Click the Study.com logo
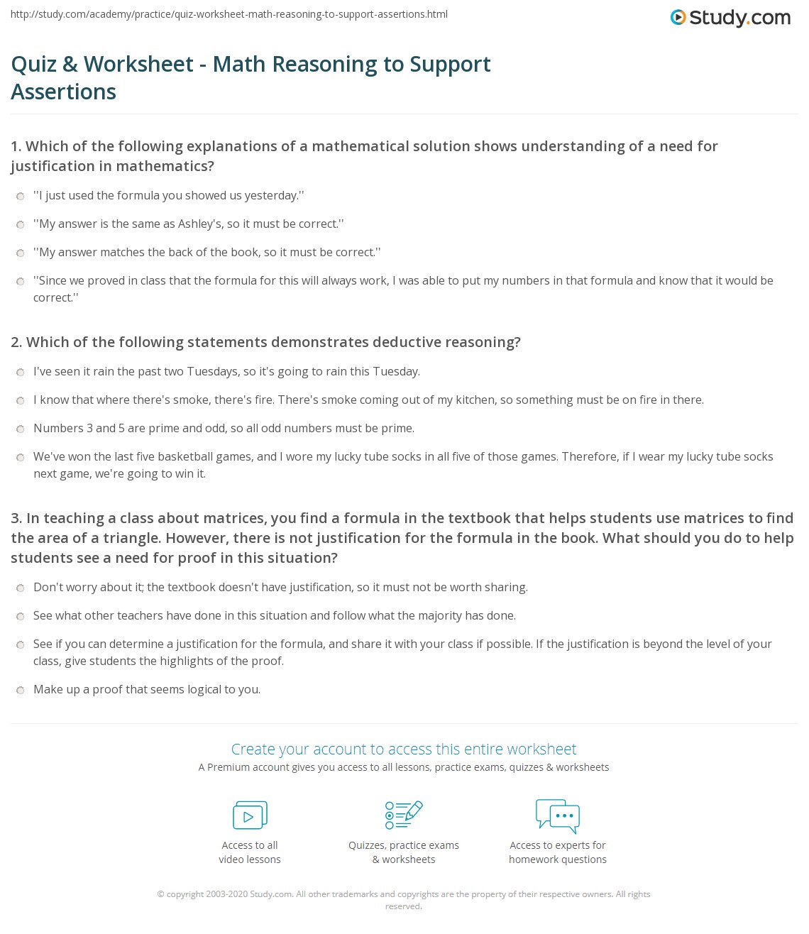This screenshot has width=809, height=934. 730,18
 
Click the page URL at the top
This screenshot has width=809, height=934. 229,14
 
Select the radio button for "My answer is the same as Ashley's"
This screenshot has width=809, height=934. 21,225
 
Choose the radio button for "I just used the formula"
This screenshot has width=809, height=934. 21,197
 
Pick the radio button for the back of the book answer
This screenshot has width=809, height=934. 21,253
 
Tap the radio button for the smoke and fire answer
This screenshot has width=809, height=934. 21,401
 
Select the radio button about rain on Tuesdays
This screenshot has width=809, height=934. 21,373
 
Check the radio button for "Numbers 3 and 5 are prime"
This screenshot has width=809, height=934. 21,429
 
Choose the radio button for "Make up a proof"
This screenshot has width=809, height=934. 21,691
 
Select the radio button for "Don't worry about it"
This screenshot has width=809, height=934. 21,588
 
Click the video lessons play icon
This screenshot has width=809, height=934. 250,815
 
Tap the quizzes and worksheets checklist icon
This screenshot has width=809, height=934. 404,815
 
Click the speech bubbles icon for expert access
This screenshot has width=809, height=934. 558,815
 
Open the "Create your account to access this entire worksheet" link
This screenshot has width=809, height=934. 404,749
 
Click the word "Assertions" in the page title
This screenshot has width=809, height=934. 64,92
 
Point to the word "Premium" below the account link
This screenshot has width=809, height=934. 229,767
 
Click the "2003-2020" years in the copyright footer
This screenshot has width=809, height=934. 226,894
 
